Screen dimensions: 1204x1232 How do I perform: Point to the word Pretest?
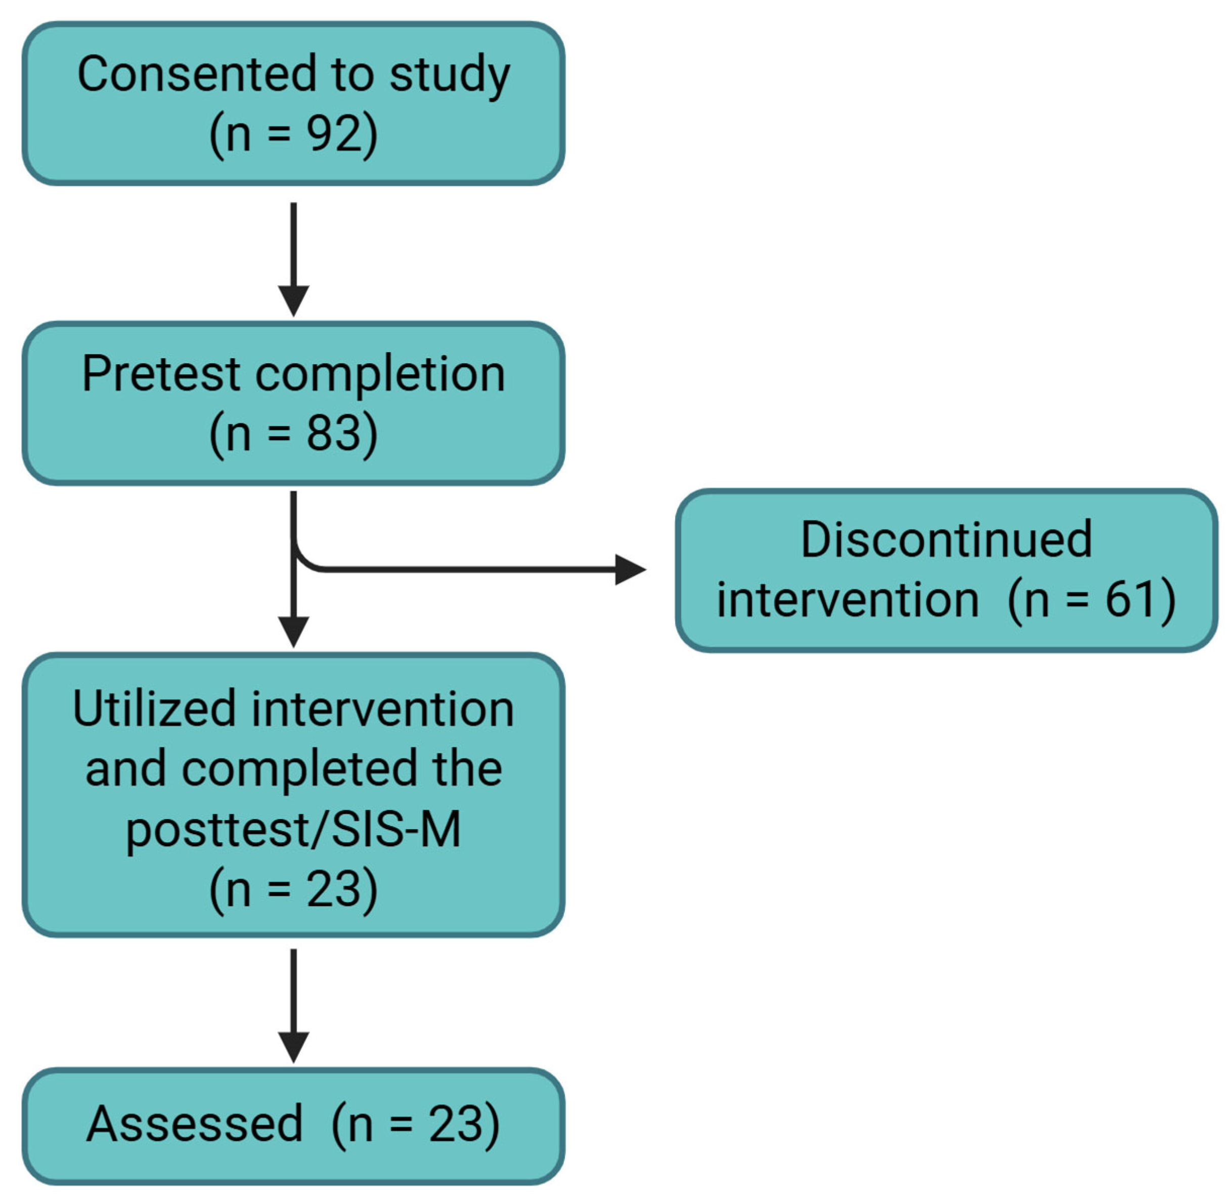click(x=161, y=374)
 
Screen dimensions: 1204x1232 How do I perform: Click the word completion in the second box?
click(x=380, y=374)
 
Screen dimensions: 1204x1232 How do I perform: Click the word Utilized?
click(x=154, y=709)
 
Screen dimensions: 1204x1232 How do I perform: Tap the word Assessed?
click(x=195, y=1124)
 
